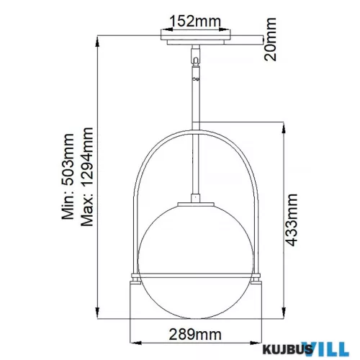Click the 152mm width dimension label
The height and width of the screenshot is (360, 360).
point(195,22)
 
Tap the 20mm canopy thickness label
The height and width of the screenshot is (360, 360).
point(270,40)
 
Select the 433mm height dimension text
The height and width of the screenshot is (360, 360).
point(292,220)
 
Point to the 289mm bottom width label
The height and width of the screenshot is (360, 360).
point(195,334)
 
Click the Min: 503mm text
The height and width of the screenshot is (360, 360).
point(68,176)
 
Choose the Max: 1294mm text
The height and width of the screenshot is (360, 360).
point(87,176)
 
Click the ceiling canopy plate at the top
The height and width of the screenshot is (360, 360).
point(196,37)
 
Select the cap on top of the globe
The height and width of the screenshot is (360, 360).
point(196,204)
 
